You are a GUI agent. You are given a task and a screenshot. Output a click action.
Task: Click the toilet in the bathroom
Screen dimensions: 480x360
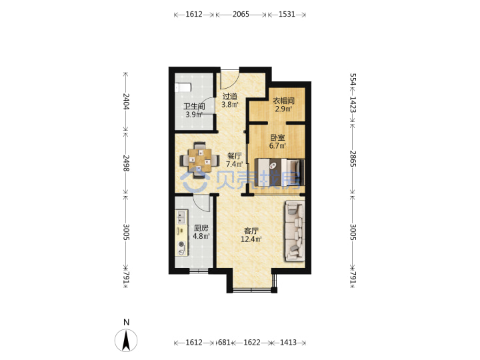183,87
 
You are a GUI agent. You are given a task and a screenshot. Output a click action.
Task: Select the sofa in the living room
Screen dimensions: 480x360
295,231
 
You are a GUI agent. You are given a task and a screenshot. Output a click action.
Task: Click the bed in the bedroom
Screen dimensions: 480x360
279,172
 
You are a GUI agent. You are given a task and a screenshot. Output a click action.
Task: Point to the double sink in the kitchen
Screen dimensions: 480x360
181,217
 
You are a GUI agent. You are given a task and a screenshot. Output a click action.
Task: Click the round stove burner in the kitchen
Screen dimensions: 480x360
181,245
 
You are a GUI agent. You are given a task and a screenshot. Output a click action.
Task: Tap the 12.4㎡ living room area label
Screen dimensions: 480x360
251,239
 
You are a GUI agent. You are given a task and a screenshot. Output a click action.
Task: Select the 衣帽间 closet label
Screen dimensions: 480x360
284,101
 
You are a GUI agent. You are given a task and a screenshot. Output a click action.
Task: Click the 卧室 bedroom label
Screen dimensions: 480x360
277,138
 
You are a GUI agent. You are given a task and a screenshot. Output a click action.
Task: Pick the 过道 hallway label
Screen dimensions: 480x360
229,97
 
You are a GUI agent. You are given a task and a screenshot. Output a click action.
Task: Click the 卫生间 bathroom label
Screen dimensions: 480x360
194,107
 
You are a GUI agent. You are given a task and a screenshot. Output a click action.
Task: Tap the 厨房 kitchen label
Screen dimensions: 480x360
201,228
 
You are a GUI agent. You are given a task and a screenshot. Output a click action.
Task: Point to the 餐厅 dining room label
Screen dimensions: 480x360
235,156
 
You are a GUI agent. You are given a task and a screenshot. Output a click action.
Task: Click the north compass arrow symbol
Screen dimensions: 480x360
126,340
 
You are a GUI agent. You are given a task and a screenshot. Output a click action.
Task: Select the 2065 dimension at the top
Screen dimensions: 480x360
241,14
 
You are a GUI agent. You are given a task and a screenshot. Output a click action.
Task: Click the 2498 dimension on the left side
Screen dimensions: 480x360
126,163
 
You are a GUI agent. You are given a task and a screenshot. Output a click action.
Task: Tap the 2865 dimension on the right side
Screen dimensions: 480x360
353,159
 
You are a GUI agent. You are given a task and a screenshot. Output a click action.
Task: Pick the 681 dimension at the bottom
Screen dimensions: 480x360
224,342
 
